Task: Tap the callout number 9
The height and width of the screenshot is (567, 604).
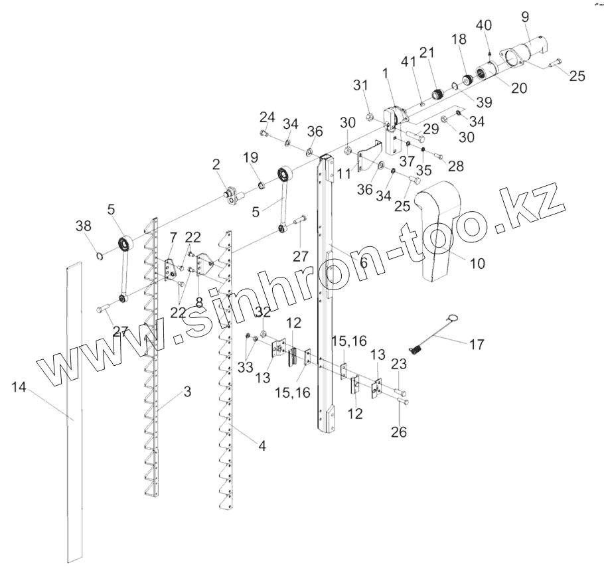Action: (525, 16)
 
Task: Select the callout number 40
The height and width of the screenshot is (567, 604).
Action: (484, 26)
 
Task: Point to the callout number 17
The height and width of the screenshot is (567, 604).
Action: (476, 345)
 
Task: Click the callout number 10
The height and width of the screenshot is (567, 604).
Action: (477, 264)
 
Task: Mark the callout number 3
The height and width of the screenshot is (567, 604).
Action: (188, 392)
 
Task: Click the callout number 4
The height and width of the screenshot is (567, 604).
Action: (262, 446)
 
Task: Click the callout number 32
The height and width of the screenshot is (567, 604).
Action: (264, 311)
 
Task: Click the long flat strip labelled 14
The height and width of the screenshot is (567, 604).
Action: (77, 412)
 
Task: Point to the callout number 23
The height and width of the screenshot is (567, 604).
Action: (398, 363)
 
